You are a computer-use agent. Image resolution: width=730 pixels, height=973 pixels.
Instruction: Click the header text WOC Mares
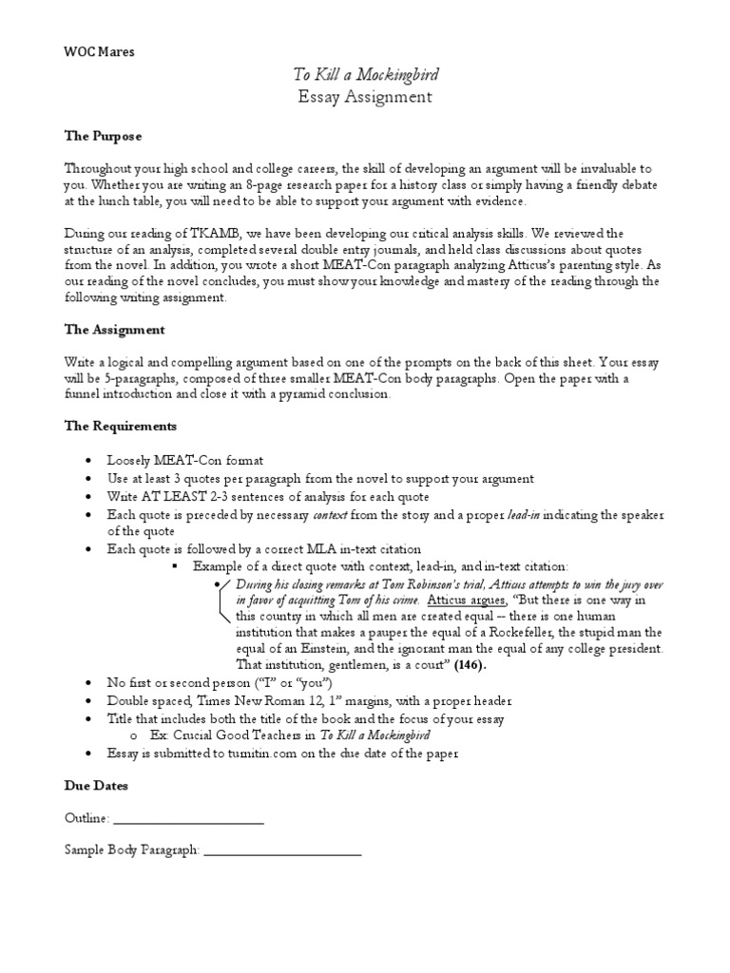point(100,52)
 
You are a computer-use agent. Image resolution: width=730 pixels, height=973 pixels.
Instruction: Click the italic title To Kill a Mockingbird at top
point(365,75)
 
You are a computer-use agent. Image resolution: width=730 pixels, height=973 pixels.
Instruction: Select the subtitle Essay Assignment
point(365,97)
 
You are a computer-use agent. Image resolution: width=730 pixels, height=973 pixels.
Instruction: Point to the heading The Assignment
point(114,330)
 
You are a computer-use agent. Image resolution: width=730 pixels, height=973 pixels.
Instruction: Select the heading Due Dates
point(96,787)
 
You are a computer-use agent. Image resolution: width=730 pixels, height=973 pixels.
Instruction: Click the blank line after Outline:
point(188,818)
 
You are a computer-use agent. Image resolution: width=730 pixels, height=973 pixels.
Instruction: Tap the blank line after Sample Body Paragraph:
point(282,850)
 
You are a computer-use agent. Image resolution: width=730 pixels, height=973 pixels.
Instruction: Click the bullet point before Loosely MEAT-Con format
point(88,460)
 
